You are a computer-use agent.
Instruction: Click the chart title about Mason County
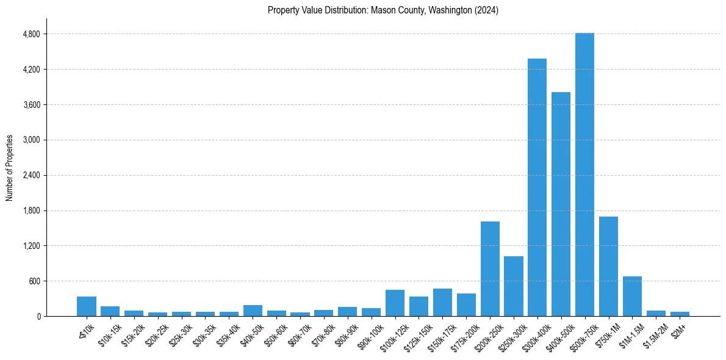383,10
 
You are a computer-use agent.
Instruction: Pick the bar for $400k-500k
561,204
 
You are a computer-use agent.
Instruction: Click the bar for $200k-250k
490,268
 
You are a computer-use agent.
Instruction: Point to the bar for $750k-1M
608,266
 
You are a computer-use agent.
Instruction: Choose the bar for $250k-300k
514,286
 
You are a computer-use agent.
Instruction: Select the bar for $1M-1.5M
632,296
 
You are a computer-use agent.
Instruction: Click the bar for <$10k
87,306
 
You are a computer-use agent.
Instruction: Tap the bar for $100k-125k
395,303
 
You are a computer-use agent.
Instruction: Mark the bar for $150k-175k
442,302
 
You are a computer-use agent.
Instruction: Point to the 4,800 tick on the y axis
31,34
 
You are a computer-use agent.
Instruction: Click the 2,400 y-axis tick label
31,175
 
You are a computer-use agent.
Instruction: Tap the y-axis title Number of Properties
10,168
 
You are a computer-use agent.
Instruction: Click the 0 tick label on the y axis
38,317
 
